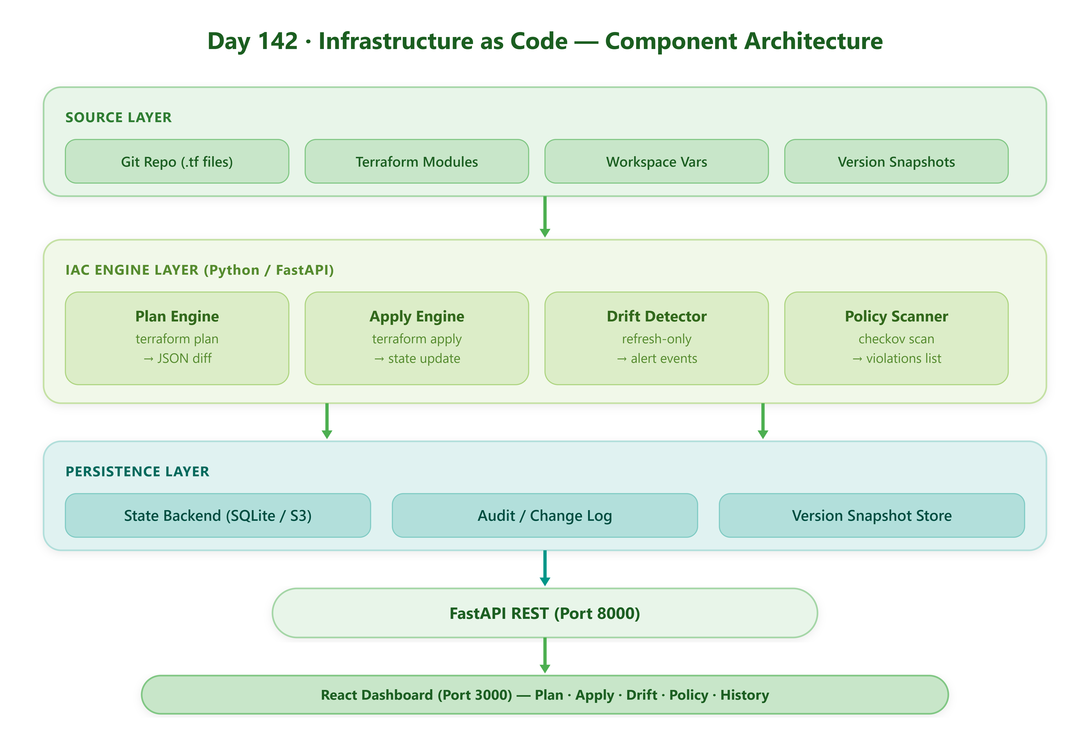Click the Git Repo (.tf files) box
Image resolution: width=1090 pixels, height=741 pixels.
tap(177, 161)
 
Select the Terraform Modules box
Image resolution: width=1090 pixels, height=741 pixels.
tap(416, 161)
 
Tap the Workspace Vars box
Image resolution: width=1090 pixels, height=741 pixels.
tap(656, 161)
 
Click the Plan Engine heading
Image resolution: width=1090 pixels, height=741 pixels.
tap(177, 316)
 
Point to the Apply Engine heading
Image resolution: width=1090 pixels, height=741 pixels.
tap(416, 316)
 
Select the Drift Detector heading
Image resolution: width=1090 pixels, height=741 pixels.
tap(656, 316)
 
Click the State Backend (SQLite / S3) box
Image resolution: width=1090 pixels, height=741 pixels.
tap(218, 515)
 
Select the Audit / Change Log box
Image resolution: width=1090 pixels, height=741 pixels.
tap(545, 515)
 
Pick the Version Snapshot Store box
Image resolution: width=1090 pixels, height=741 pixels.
tap(872, 515)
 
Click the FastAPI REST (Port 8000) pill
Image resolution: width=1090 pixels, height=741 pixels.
tap(545, 613)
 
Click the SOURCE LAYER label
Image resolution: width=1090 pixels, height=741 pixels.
tap(118, 117)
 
